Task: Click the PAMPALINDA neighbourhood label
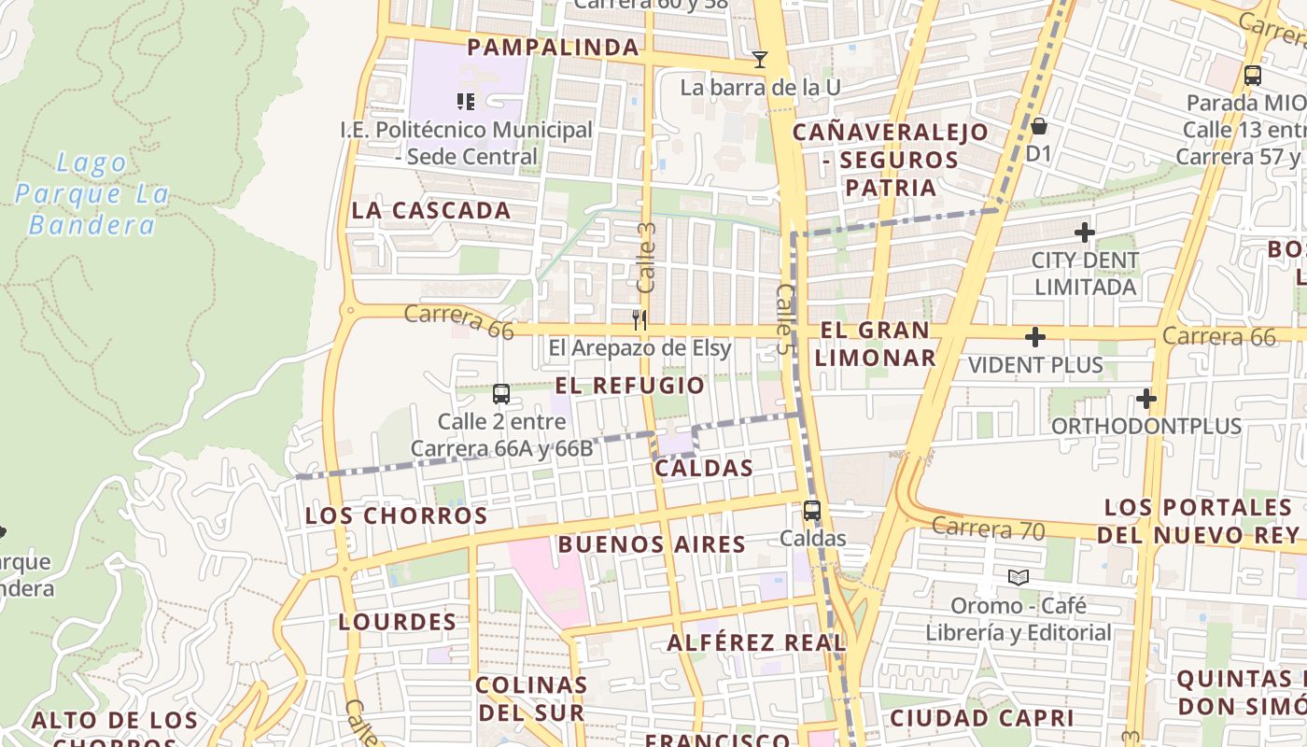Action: (553, 48)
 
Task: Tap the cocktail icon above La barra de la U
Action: (760, 60)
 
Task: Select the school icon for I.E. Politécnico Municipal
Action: (466, 101)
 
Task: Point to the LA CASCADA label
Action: (431, 211)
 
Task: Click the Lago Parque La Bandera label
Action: (92, 194)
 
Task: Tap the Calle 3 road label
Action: (646, 256)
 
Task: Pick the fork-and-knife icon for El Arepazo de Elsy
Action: (639, 320)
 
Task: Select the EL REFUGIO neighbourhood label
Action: (630, 386)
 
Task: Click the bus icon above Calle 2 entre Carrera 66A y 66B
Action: (501, 394)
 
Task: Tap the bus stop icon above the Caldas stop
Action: (812, 511)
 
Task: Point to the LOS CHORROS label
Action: (397, 515)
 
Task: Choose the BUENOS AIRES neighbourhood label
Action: (652, 544)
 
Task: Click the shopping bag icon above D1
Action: (1038, 125)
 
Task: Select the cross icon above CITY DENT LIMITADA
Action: (1085, 232)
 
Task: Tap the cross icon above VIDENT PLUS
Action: (1034, 337)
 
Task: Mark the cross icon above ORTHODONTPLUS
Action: (1145, 400)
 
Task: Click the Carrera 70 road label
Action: (988, 529)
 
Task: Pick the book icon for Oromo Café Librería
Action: (1018, 577)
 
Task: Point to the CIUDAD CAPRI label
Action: (981, 718)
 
